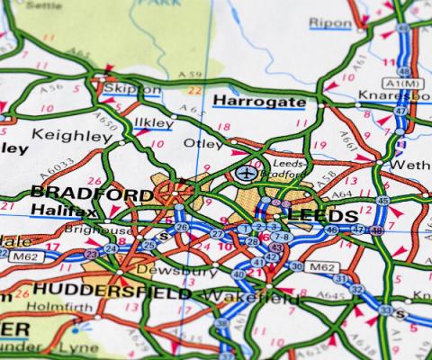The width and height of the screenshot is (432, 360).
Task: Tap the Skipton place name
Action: [x=131, y=89]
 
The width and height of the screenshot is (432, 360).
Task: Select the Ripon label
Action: [x=330, y=22]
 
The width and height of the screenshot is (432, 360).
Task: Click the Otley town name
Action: [x=203, y=142]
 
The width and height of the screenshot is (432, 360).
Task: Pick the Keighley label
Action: [x=72, y=135]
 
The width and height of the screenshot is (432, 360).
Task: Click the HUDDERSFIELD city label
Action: [x=111, y=292]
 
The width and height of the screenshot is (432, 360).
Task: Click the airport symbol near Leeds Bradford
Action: [x=245, y=172]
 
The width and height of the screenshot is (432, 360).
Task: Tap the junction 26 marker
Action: [x=181, y=228]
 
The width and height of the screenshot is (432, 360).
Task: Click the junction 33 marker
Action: [x=384, y=310]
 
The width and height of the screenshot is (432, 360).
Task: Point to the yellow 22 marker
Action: [x=193, y=90]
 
